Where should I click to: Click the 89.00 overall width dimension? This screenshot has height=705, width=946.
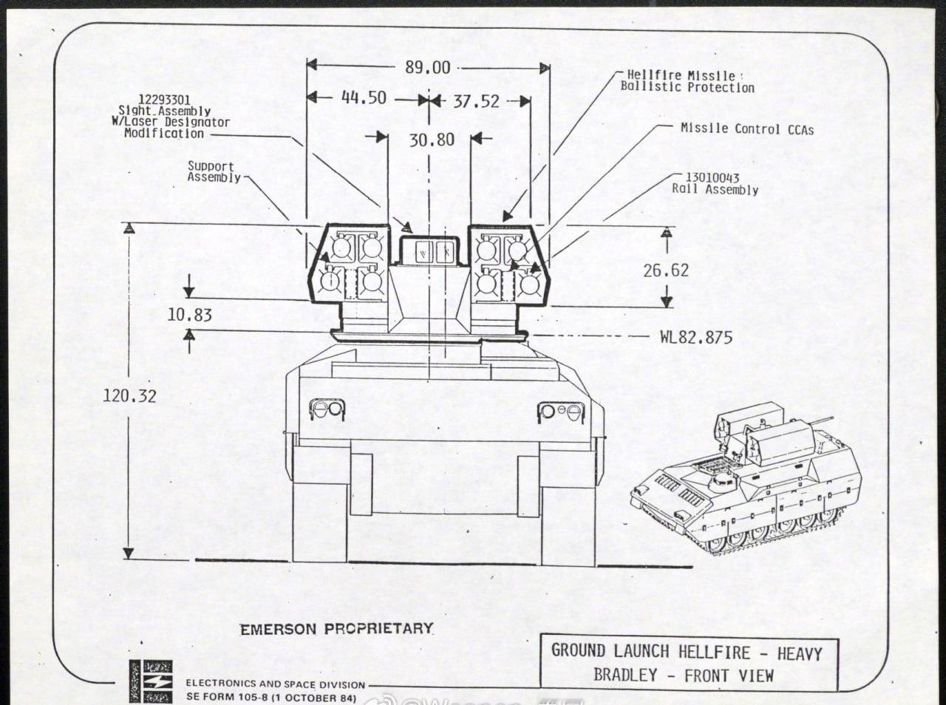[427, 67]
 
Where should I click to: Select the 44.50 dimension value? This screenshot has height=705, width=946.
[364, 98]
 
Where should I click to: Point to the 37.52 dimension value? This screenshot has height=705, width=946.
[476, 101]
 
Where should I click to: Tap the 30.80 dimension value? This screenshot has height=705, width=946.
[432, 139]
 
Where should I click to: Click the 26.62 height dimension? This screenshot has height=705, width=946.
[665, 270]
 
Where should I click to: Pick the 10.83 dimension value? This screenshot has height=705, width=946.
[189, 315]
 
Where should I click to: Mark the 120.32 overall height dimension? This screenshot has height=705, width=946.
[129, 395]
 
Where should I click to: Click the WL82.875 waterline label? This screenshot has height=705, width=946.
[695, 338]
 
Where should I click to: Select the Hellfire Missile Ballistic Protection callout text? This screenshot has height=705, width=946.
[687, 81]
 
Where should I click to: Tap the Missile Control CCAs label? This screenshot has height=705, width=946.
[746, 129]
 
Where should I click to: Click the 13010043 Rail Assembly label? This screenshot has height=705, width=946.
[715, 184]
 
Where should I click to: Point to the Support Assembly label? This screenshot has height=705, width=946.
[213, 171]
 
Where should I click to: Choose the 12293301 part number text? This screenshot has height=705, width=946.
[164, 100]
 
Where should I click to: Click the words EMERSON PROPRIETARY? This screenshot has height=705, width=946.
[336, 629]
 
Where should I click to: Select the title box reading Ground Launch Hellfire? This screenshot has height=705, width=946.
[687, 663]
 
